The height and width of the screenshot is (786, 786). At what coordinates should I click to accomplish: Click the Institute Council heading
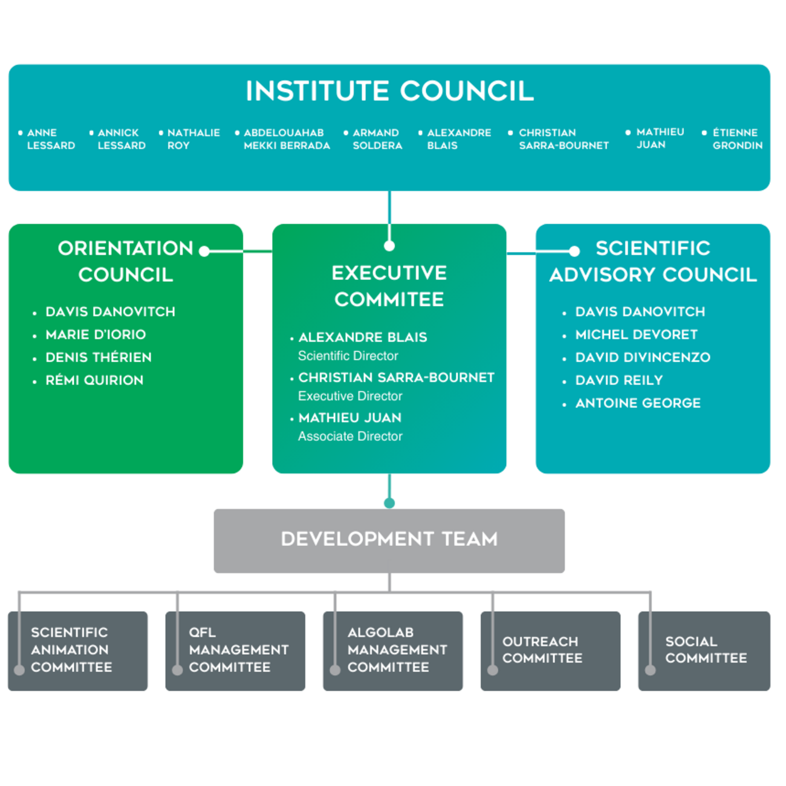click(389, 91)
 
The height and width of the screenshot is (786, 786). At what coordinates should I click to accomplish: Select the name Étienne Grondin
click(736, 139)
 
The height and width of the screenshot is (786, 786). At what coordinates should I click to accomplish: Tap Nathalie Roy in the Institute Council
click(193, 139)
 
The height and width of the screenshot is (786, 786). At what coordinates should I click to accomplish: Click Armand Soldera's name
click(377, 139)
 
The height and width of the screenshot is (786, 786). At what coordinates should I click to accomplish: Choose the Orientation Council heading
click(125, 261)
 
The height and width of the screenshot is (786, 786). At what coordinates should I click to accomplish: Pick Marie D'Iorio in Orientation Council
click(96, 334)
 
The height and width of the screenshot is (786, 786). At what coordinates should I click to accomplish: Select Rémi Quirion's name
click(94, 380)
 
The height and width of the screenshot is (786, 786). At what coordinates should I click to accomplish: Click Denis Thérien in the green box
click(99, 357)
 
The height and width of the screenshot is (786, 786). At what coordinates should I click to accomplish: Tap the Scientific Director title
click(348, 356)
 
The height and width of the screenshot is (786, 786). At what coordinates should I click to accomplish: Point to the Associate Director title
click(350, 437)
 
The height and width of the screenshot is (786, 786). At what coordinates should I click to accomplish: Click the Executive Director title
click(350, 396)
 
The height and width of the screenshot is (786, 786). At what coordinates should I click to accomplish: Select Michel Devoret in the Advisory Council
click(636, 334)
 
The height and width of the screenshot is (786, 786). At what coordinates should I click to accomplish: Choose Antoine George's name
click(638, 403)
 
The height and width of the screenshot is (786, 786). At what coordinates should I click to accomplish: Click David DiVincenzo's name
click(643, 357)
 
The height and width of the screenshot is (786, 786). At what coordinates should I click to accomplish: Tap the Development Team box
click(389, 541)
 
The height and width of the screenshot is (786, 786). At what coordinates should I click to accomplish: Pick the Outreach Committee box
click(550, 651)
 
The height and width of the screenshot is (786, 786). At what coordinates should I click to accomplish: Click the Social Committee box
click(705, 651)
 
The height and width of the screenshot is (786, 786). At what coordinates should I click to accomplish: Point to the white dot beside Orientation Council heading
click(204, 251)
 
